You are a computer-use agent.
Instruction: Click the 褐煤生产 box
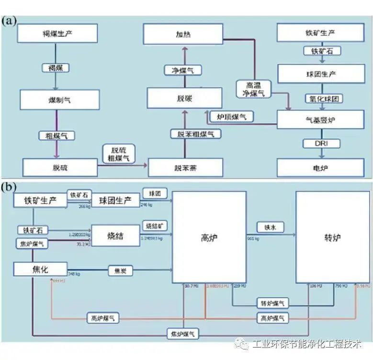click(x=57, y=33)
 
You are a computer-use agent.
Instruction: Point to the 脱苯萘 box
click(x=185, y=168)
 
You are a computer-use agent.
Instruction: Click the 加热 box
click(x=183, y=35)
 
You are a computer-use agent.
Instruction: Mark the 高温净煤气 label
click(x=254, y=89)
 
